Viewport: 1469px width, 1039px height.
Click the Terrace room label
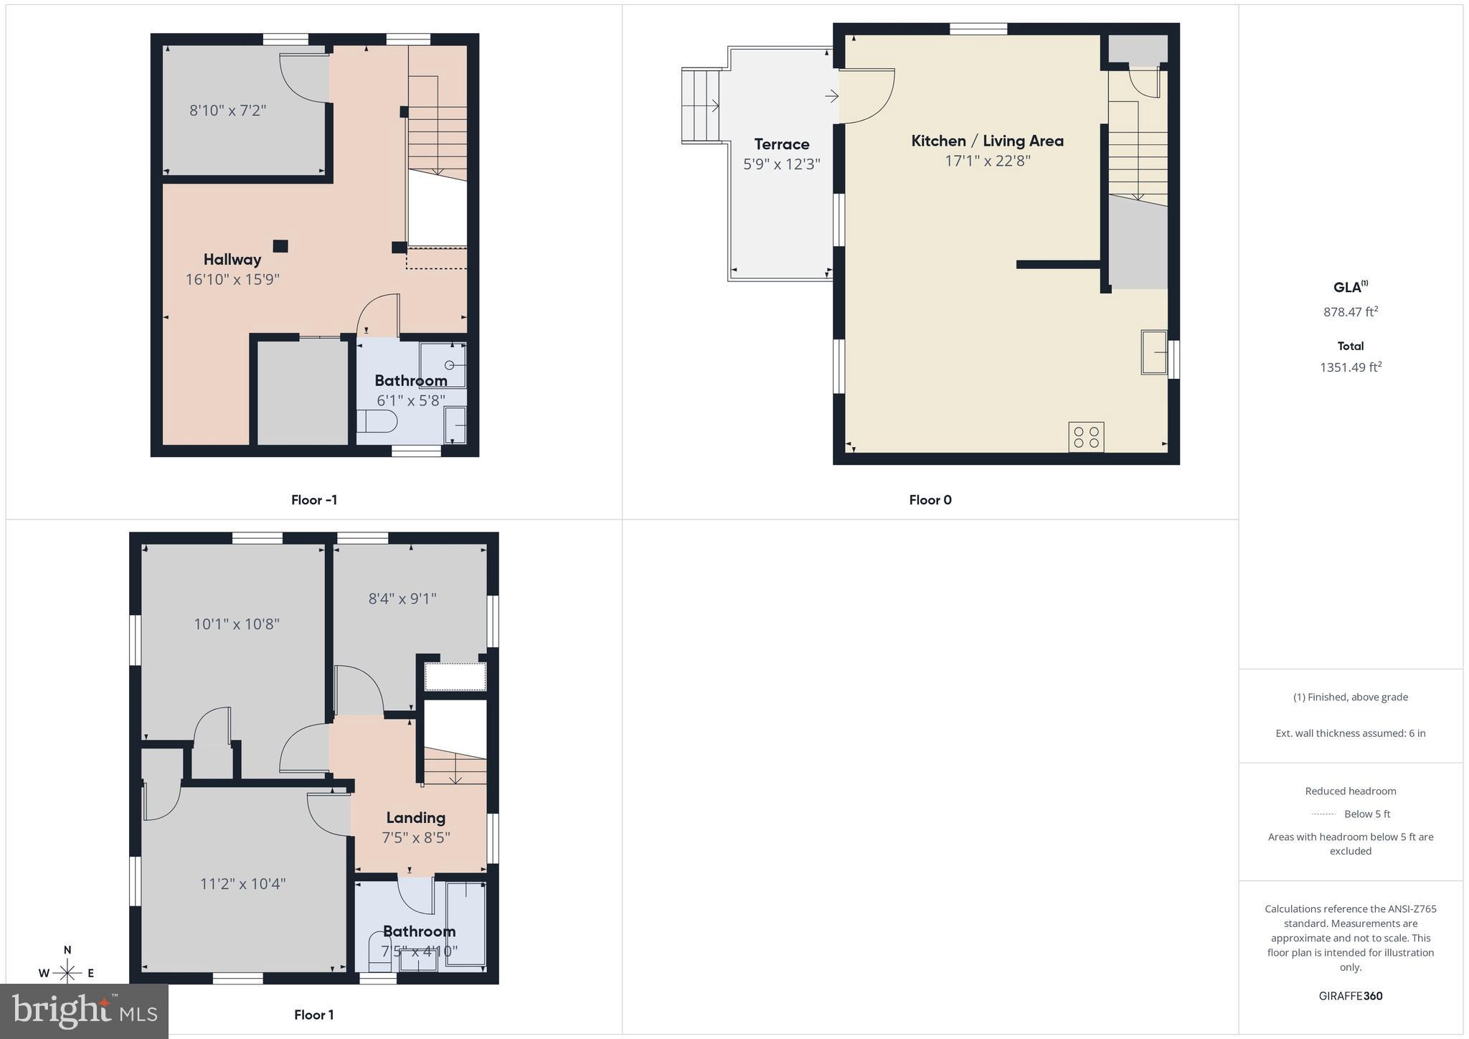pyautogui.click(x=781, y=144)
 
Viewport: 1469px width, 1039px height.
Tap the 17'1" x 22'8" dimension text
pyautogui.click(x=987, y=161)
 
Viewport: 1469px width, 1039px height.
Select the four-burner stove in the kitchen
pyautogui.click(x=1086, y=437)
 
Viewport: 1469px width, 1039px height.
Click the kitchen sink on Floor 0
pyautogui.click(x=1154, y=352)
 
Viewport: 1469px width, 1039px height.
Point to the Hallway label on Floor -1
pyautogui.click(x=232, y=260)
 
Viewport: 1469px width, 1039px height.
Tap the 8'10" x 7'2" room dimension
pyautogui.click(x=227, y=111)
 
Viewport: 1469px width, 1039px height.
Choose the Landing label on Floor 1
pyautogui.click(x=415, y=817)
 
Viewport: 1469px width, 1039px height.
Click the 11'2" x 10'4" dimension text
pyautogui.click(x=242, y=883)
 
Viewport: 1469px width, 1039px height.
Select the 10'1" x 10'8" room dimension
pyautogui.click(x=236, y=624)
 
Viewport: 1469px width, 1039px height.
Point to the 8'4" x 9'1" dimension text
pyautogui.click(x=402, y=598)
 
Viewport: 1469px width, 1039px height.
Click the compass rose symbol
pyautogui.click(x=67, y=972)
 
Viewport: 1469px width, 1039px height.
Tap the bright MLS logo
pyautogui.click(x=84, y=1010)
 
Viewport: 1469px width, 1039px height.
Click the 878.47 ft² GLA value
pyautogui.click(x=1351, y=312)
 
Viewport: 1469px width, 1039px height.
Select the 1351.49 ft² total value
pyautogui.click(x=1351, y=367)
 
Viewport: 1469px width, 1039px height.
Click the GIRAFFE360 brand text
pyautogui.click(x=1351, y=996)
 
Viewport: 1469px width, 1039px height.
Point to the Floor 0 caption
pyautogui.click(x=930, y=500)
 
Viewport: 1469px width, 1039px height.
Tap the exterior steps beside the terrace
pyautogui.click(x=700, y=105)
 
